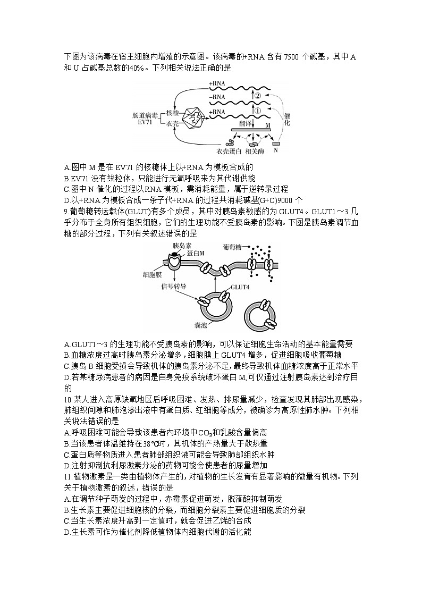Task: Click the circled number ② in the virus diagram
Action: tap(257, 96)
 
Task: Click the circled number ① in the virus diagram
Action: tap(257, 111)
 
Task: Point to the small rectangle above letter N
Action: tap(276, 143)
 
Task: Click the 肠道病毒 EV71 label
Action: tap(145, 119)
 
